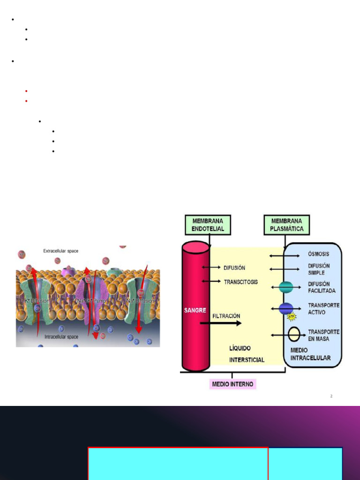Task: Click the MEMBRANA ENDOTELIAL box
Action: pyautogui.click(x=208, y=225)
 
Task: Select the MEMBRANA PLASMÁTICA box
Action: pyautogui.click(x=286, y=225)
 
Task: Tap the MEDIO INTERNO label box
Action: pyautogui.click(x=232, y=384)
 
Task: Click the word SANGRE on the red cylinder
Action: pyautogui.click(x=195, y=310)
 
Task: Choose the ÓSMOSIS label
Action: pyautogui.click(x=318, y=254)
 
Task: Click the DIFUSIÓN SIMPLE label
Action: pyautogui.click(x=319, y=269)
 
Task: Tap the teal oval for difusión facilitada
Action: pyautogui.click(x=286, y=287)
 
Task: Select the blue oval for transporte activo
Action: pyautogui.click(x=286, y=308)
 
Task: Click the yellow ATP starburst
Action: pyautogui.click(x=292, y=317)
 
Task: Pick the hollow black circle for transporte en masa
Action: pyautogui.click(x=294, y=334)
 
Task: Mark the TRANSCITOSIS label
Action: pyautogui.click(x=240, y=282)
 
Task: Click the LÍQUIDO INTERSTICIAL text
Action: pyautogui.click(x=247, y=354)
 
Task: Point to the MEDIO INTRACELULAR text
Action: pyautogui.click(x=310, y=354)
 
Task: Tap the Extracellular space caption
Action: pyautogui.click(x=61, y=251)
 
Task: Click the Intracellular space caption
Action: pyautogui.click(x=61, y=337)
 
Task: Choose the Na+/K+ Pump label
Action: pyautogui.click(x=92, y=301)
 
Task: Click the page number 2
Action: pyautogui.click(x=331, y=396)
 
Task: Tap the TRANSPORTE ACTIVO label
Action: pyautogui.click(x=323, y=308)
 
